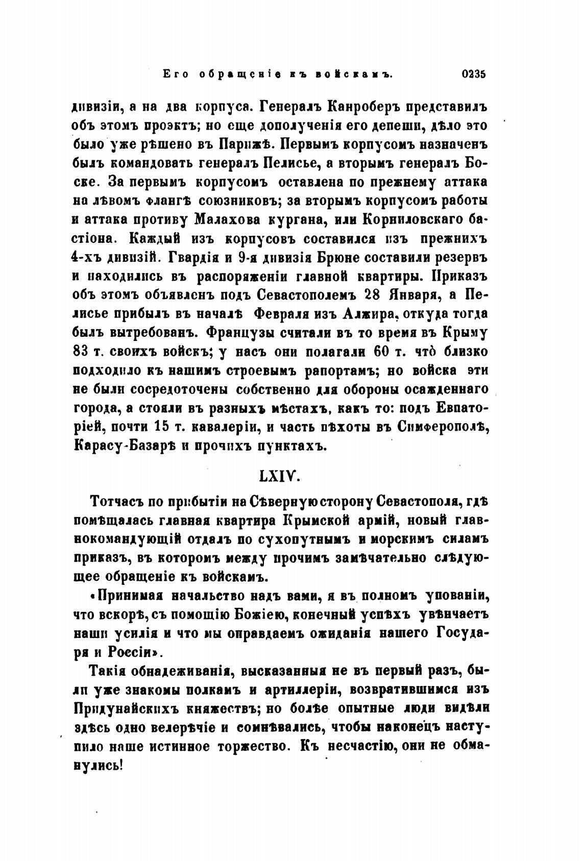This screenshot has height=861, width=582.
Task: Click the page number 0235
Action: pyautogui.click(x=473, y=74)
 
